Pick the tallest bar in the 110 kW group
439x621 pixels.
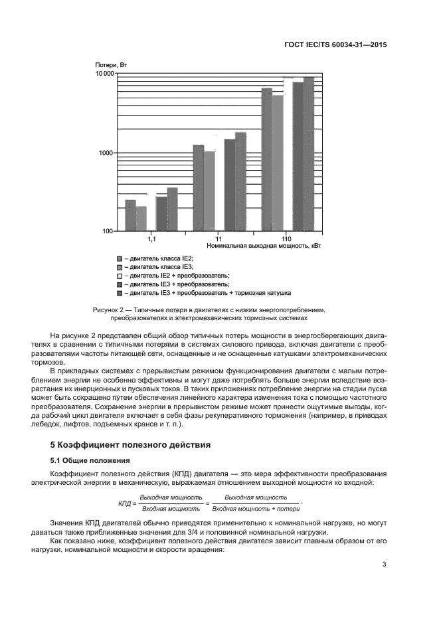(309, 154)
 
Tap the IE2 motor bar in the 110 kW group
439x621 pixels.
(267, 159)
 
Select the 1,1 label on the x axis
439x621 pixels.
(151, 238)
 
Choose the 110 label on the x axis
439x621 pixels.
(286, 238)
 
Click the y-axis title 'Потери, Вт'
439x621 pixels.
(111, 64)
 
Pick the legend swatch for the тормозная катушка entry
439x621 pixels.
(120, 292)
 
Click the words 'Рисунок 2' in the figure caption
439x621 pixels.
(109, 310)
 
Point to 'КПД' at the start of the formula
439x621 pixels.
(124, 503)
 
